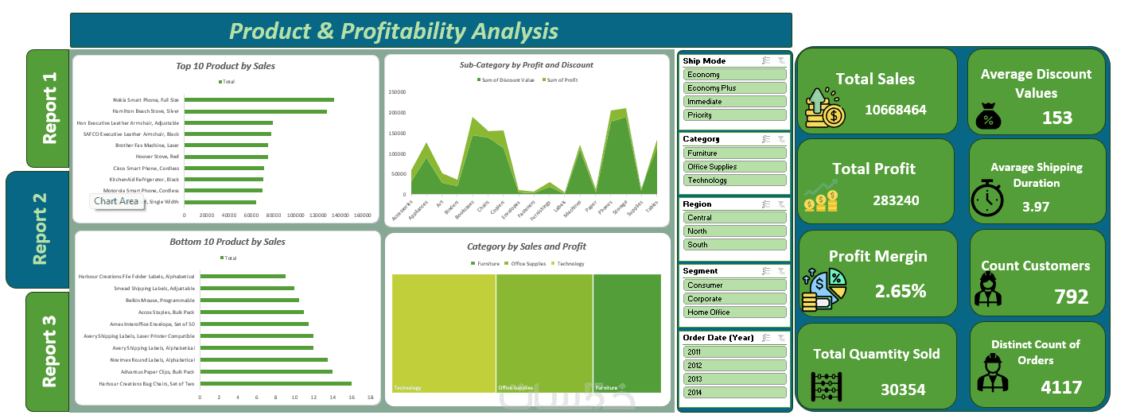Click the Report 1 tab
49,109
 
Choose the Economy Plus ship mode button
734,88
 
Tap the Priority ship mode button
734,115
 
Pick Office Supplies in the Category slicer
734,167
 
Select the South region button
734,245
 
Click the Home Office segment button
734,312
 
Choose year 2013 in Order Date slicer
734,379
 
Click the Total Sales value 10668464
897,110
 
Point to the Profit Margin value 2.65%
901,291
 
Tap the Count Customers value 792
1071,297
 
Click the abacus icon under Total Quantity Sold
827,387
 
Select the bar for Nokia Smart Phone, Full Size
259,99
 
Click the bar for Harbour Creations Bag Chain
275,383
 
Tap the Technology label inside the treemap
408,388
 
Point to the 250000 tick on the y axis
397,91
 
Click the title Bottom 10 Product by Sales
227,242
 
